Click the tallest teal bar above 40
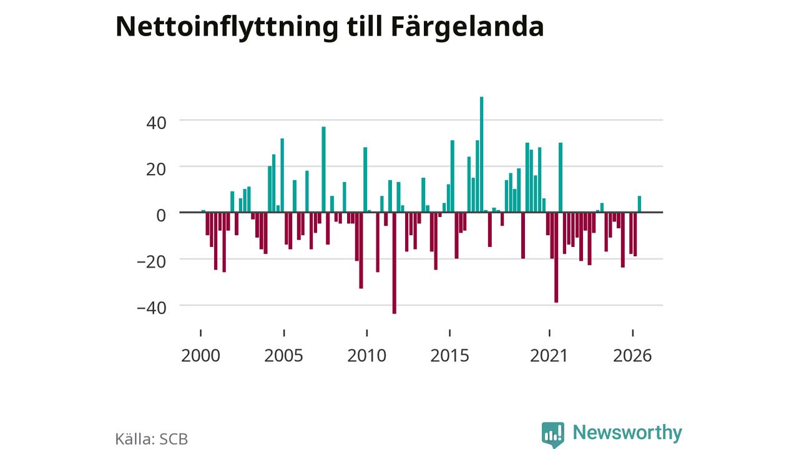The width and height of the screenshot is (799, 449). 481,154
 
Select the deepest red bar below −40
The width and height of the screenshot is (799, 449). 394,263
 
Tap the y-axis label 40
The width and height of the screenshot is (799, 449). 156,123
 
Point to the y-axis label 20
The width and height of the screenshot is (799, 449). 156,169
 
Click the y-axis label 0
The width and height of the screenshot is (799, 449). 161,215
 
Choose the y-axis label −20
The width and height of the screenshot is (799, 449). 152,262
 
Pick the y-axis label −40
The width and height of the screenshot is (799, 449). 152,308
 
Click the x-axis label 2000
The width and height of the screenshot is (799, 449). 200,355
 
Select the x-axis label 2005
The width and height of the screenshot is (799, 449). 283,355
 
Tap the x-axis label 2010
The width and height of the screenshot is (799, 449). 366,355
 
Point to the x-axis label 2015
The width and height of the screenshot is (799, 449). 449,355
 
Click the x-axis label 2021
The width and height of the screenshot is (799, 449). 549,355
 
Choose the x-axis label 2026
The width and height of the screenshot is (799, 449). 632,355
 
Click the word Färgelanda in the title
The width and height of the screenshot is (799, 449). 468,27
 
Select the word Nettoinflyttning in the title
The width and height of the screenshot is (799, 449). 227,27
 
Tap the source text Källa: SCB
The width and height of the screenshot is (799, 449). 151,438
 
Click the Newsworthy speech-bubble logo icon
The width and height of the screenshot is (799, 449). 553,435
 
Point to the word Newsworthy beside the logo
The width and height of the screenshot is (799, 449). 627,433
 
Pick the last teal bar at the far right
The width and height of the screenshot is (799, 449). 640,204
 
